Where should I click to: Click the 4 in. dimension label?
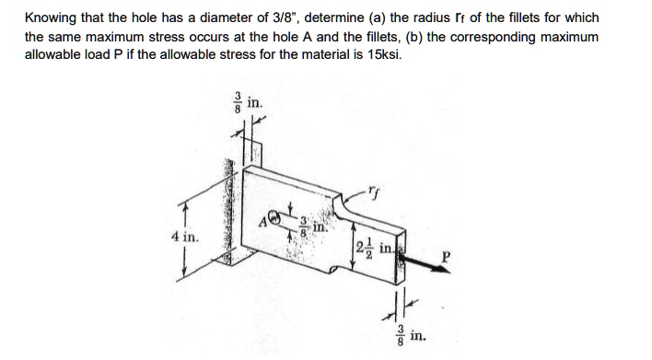pos(184,238)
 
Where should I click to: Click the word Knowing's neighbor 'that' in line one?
pos(90,17)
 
